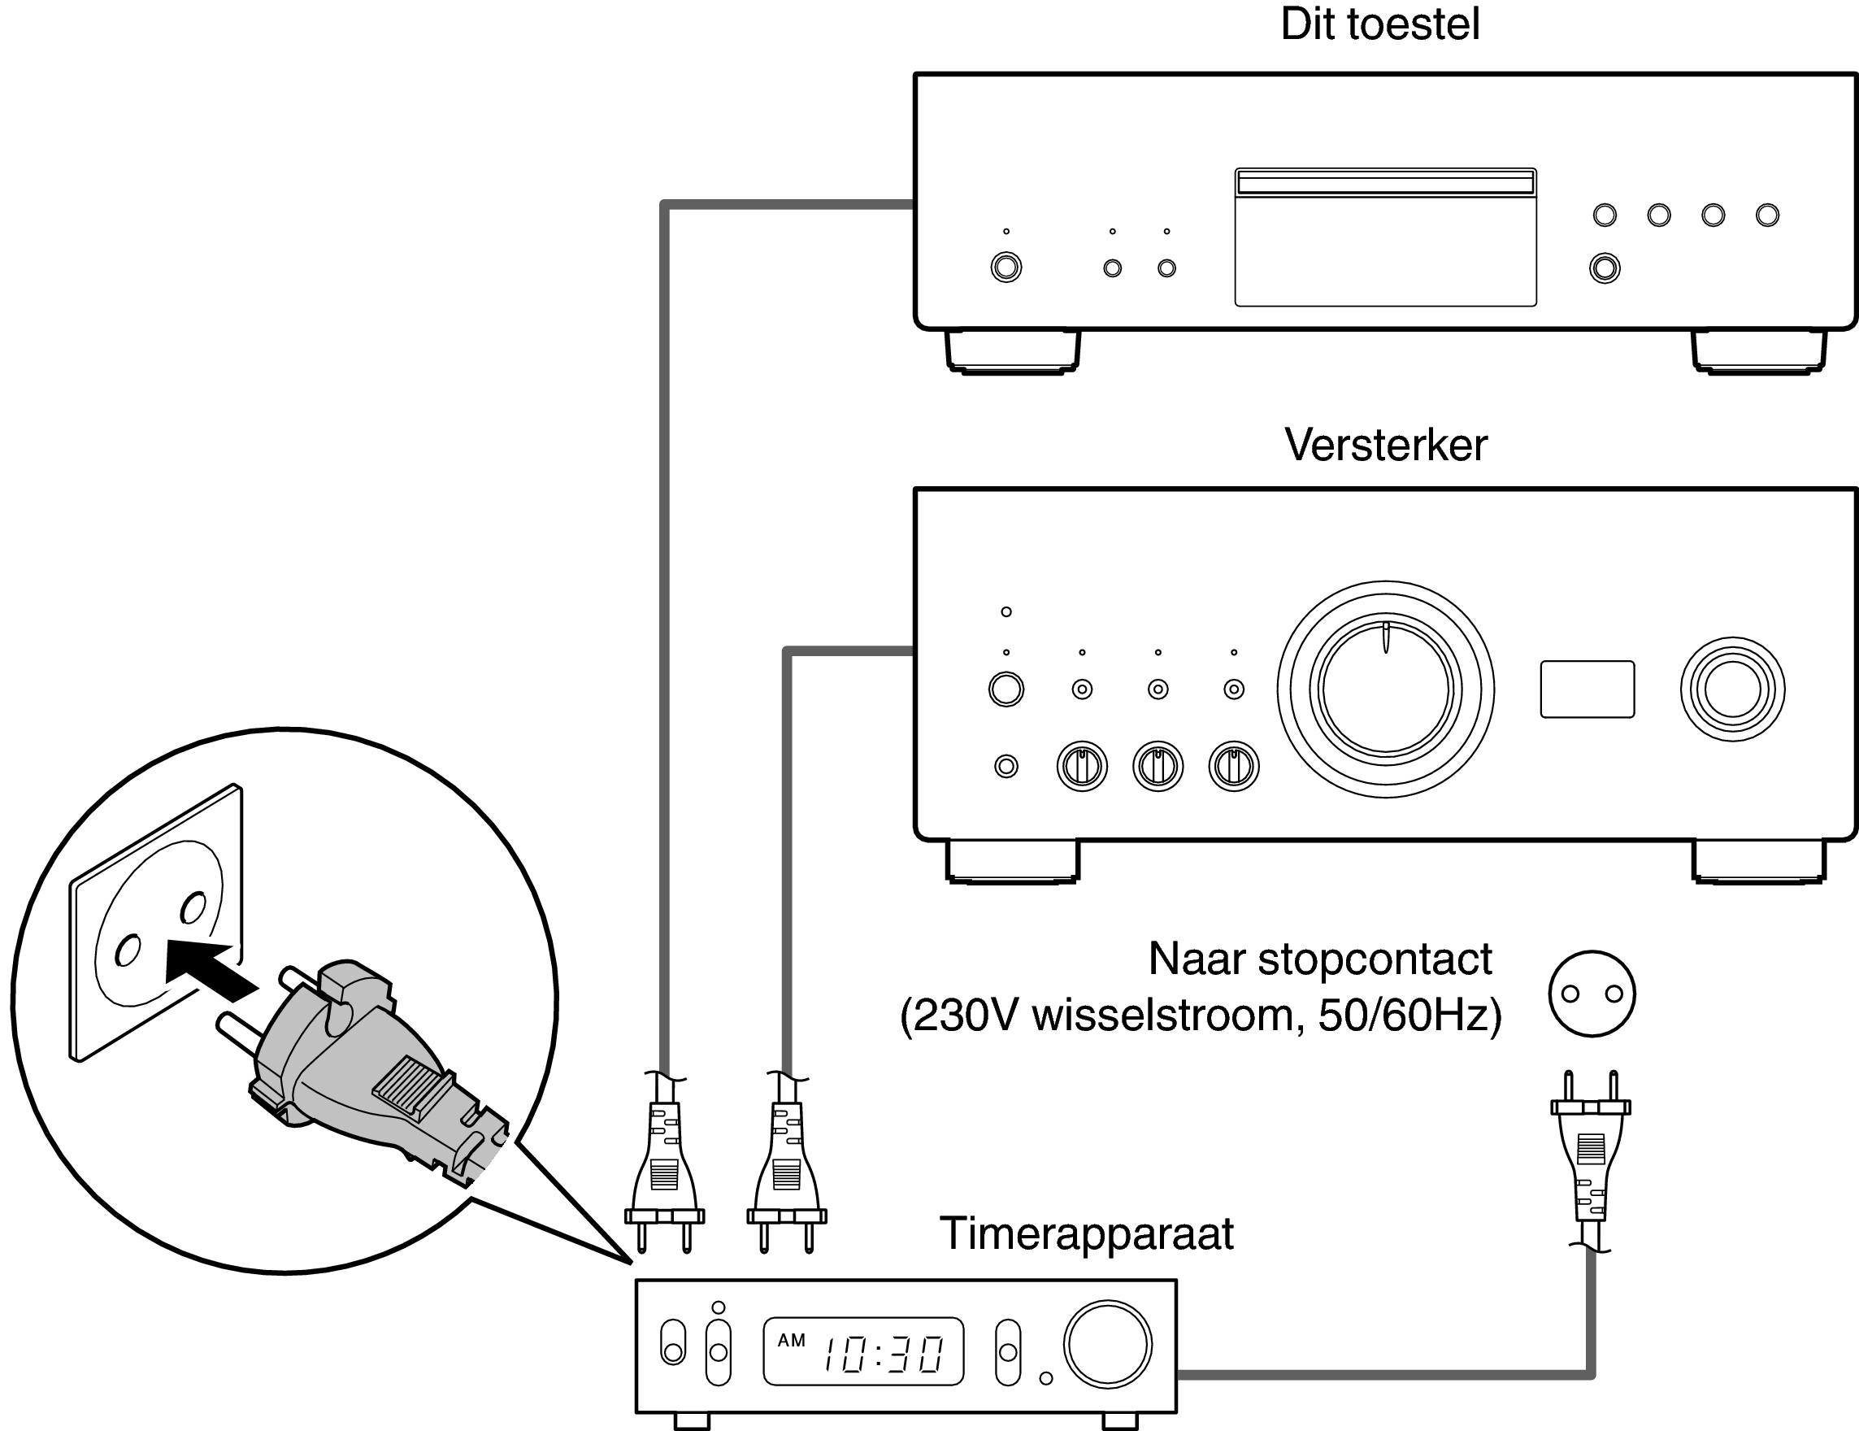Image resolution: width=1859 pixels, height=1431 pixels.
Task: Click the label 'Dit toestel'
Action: coord(1379,24)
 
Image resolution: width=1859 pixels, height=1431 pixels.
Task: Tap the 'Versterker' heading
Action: coord(1385,446)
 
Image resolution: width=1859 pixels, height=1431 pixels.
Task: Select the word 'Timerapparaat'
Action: coord(1086,1233)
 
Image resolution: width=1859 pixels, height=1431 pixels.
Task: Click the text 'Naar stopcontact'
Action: coord(1319,959)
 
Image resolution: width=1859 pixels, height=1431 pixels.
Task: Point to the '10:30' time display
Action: coord(883,1355)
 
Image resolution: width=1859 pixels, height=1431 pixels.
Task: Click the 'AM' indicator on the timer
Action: coord(791,1341)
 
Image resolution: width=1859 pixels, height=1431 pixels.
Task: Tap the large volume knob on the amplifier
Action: coord(1385,689)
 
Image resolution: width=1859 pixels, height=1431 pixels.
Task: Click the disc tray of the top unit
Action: coord(1385,238)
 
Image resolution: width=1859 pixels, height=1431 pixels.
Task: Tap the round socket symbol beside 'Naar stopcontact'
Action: coord(1592,994)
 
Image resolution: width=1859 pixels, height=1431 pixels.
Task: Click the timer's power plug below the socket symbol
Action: coord(1590,1158)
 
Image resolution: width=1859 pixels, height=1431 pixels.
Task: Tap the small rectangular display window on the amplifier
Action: coord(1587,689)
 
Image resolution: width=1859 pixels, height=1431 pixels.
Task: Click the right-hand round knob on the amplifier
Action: coord(1732,689)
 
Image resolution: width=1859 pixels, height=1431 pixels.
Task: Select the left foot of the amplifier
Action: coord(1013,862)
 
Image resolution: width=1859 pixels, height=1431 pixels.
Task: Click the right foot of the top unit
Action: coord(1758,350)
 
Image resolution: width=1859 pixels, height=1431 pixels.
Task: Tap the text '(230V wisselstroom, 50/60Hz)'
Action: coord(1200,1016)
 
